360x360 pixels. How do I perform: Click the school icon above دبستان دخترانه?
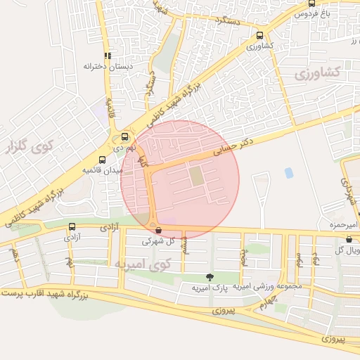tap(108, 56)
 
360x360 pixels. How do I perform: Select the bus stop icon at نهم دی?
tap(125, 137)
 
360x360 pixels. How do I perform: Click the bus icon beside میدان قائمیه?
tap(103, 160)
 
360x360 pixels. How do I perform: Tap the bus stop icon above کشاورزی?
tap(260, 35)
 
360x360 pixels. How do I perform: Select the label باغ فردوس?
tap(316, 13)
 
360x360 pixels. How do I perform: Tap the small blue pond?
tap(288, 172)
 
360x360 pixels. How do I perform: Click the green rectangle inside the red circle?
tap(198, 176)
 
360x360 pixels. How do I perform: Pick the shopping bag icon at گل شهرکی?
tap(157, 230)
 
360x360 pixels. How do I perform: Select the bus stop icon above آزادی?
tap(72, 226)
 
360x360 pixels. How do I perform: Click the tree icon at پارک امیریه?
tap(208, 278)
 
